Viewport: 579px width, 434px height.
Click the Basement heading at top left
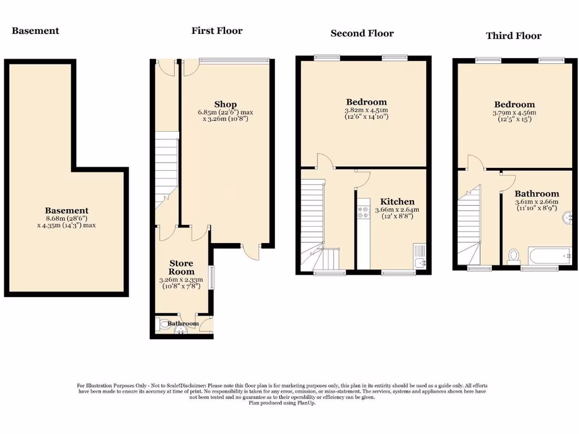[35, 31]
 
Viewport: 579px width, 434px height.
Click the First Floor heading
[217, 31]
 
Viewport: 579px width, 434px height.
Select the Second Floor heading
[362, 33]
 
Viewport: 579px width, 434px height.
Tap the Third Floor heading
[513, 36]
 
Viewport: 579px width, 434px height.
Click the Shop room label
[225, 104]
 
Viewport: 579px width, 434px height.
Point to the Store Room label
[182, 267]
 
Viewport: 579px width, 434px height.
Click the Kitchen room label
[397, 202]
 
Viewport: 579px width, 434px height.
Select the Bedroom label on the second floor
[366, 102]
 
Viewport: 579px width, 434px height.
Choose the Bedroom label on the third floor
[514, 105]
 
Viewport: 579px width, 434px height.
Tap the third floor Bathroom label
[536, 193]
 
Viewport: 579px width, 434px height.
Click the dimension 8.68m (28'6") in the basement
[67, 218]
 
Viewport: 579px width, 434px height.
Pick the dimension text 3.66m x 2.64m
[397, 210]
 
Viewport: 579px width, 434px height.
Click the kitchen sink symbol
[419, 257]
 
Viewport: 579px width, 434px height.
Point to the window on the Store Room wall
[211, 277]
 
